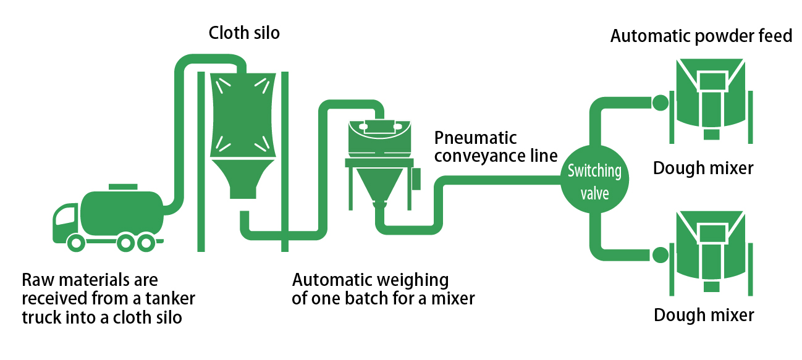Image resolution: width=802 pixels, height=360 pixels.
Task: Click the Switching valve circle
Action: click(x=594, y=180)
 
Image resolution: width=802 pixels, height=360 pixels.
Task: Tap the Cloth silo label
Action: click(x=243, y=33)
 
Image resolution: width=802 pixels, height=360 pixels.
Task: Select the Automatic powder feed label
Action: click(x=701, y=36)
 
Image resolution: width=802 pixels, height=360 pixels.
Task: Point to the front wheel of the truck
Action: click(x=77, y=243)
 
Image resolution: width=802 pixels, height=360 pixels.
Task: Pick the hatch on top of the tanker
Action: click(x=123, y=186)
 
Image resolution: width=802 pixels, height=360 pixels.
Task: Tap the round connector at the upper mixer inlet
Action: click(x=660, y=103)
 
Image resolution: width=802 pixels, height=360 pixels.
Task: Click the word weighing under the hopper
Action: click(x=420, y=280)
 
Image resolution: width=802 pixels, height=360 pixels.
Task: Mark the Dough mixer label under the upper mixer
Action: click(x=703, y=167)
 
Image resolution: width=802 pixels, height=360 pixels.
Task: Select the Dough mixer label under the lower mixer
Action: click(x=703, y=315)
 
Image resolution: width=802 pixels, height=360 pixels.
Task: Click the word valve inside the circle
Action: click(x=594, y=193)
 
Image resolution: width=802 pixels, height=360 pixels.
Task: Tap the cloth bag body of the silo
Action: click(x=242, y=114)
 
